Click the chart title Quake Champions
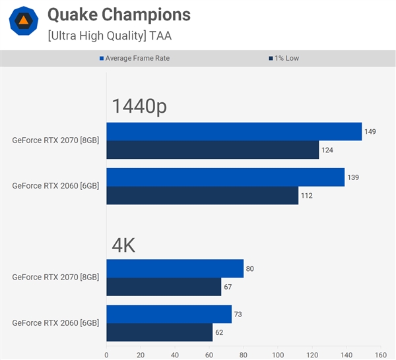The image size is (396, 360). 119,15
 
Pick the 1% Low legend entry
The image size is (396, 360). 284,58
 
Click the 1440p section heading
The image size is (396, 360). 139,105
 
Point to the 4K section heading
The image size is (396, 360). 123,246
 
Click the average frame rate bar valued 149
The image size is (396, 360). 234,131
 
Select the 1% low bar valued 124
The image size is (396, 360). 213,150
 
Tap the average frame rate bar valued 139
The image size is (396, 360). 225,177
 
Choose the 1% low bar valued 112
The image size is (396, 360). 202,195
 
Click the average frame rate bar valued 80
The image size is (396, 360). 175,268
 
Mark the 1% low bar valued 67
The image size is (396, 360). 164,287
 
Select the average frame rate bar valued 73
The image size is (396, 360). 169,315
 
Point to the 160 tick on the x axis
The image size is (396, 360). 380,354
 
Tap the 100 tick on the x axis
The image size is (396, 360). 277,354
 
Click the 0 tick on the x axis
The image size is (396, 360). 106,354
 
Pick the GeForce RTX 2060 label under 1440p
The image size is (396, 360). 55,186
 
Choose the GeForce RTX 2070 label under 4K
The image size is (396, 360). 55,277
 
